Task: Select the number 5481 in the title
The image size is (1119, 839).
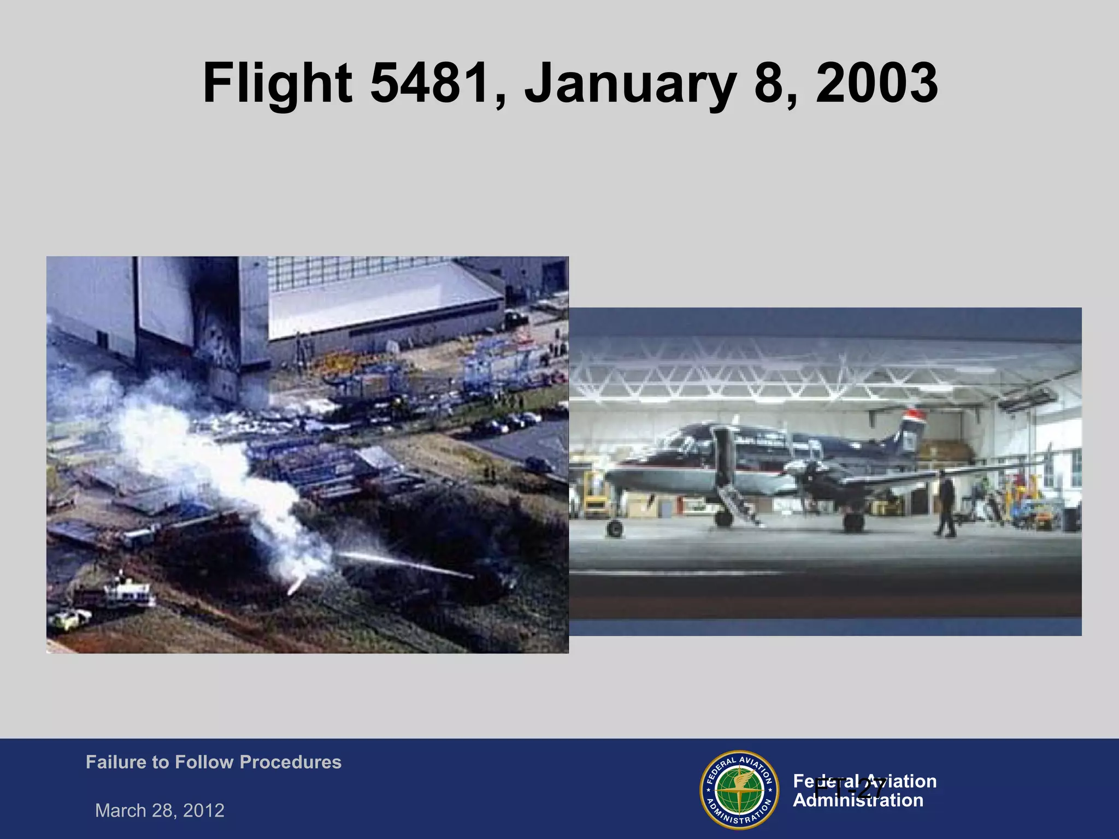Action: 428,83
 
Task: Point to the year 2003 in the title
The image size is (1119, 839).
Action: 876,83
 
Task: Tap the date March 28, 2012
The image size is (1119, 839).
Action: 160,810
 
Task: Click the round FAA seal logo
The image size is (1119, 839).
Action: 739,789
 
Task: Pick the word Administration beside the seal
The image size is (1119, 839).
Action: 858,801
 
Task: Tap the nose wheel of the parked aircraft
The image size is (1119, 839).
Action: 615,528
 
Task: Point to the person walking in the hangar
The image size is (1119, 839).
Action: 945,505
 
